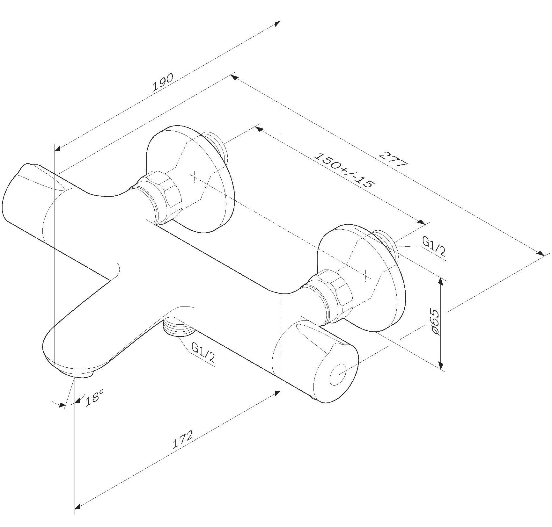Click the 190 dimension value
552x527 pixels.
coord(163,82)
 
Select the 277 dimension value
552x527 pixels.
coord(394,160)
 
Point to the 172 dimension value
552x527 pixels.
coord(183,440)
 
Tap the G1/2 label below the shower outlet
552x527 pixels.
coord(203,353)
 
